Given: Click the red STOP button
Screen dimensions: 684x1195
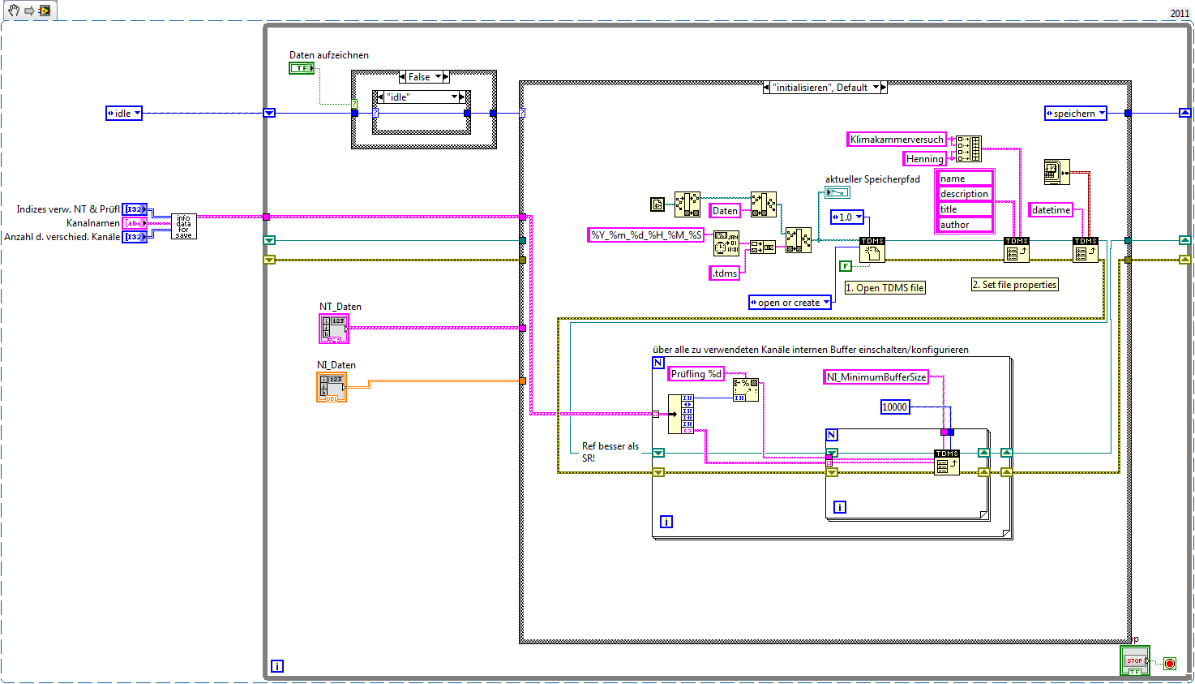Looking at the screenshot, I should click(x=1134, y=660).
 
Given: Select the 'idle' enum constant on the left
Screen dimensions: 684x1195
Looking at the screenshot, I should click(x=123, y=114).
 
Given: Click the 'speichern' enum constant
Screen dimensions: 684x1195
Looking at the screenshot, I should click(x=1075, y=114).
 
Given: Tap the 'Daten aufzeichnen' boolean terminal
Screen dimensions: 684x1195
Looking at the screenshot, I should click(x=302, y=68).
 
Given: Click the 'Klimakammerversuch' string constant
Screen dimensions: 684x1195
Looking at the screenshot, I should click(x=897, y=140).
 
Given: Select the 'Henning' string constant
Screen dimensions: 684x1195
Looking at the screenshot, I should click(x=924, y=159).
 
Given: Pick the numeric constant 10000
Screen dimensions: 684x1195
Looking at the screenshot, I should click(x=894, y=407).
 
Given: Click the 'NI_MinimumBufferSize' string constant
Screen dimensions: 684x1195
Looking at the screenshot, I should click(x=875, y=377).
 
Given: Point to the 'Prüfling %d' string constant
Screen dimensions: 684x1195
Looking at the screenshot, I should click(x=696, y=374).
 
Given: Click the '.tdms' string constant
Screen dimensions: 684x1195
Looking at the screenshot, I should click(x=725, y=273).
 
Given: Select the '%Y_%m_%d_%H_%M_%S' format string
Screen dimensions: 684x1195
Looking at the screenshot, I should click(x=645, y=235).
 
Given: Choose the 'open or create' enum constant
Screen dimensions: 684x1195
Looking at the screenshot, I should click(x=790, y=303).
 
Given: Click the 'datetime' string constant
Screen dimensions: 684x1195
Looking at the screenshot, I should click(x=1051, y=210).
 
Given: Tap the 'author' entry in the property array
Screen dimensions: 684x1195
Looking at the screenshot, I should click(x=964, y=225).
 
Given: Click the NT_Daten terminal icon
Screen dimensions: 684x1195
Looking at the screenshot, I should click(x=333, y=328).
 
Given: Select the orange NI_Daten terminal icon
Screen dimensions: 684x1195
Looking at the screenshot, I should click(x=332, y=387).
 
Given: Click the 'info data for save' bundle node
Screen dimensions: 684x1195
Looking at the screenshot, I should click(x=184, y=226).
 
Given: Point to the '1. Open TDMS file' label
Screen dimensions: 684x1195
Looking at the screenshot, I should click(x=884, y=288).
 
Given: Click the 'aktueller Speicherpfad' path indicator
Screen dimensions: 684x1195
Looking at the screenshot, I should click(x=837, y=192).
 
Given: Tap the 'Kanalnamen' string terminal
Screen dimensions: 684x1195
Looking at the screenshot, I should click(x=135, y=223).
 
